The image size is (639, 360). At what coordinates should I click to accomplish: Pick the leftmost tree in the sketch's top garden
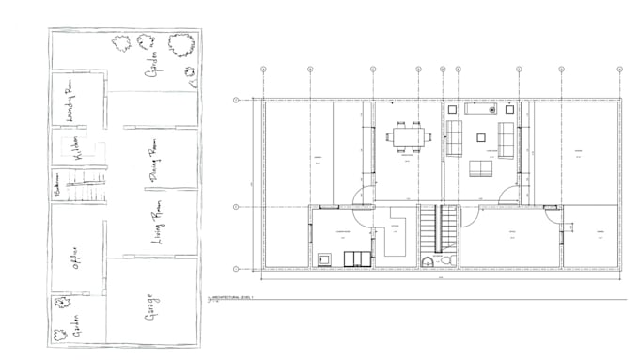coord(120,42)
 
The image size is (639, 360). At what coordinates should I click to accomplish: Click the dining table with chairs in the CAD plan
coord(408,135)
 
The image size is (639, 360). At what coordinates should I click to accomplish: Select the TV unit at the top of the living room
coord(483,109)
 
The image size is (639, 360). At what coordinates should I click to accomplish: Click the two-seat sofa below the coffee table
coord(481,168)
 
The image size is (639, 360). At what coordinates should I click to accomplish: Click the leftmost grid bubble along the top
coord(264,69)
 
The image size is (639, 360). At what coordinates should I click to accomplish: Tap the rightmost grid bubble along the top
coord(619,69)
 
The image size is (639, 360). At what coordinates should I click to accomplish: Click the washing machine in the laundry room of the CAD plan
coord(325,258)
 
